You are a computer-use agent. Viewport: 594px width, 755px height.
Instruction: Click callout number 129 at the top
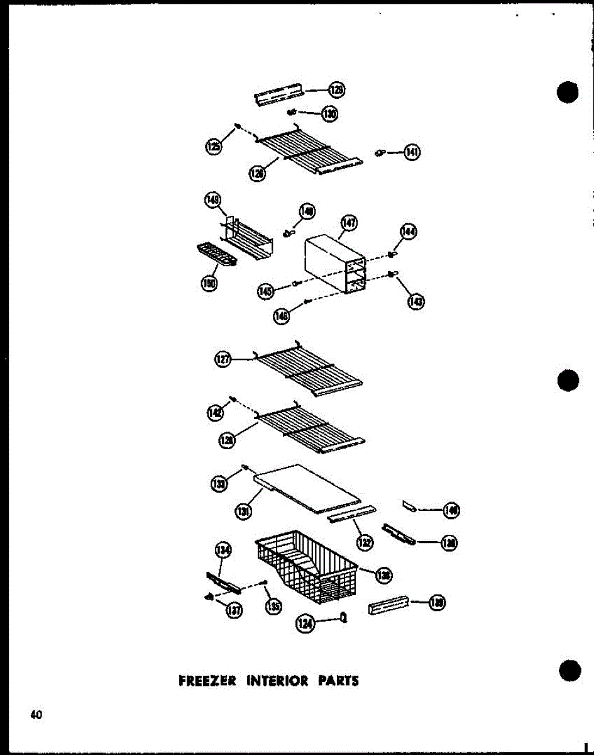338,91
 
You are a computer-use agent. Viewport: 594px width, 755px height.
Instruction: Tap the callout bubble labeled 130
329,114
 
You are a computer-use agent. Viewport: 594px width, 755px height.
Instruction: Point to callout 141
412,152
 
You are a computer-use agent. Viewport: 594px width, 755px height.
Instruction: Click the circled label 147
349,223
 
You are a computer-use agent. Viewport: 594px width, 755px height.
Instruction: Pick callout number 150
209,284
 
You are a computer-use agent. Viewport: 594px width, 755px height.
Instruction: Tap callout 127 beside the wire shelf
223,360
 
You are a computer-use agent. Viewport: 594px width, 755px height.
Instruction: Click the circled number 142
215,412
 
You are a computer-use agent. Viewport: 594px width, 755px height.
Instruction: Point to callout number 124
305,624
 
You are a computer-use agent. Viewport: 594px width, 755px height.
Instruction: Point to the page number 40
35,715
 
